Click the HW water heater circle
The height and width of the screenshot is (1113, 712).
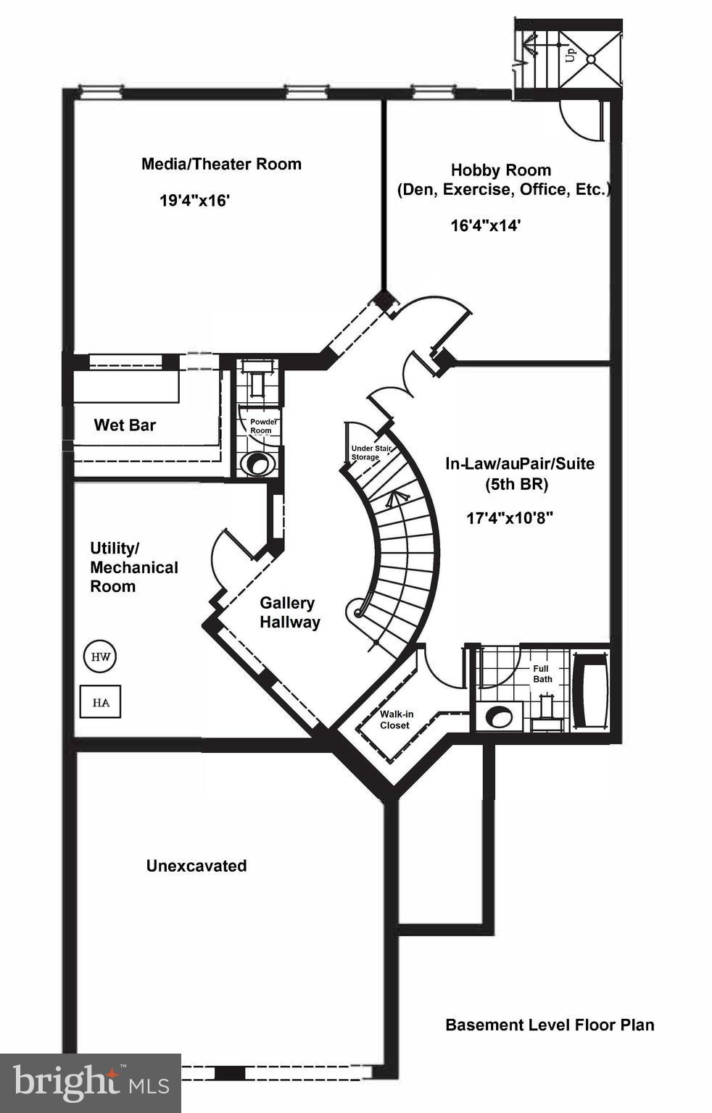coord(101,656)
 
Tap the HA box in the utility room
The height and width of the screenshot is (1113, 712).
coord(101,701)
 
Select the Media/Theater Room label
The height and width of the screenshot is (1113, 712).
coord(221,164)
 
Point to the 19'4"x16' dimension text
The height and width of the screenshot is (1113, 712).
coord(194,201)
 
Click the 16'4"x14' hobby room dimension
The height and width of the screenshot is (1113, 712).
coord(486,225)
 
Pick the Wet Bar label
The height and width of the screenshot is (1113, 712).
coord(125,425)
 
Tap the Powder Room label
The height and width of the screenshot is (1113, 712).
coord(260,426)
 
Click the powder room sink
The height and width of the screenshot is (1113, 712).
coord(257,464)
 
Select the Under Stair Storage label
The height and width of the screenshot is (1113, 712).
coord(369,453)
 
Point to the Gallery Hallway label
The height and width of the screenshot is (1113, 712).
coord(289,612)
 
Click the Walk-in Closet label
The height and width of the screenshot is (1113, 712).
coord(395,720)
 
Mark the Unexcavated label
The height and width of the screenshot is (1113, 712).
coord(196,866)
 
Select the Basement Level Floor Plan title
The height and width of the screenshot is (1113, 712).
coord(550,1025)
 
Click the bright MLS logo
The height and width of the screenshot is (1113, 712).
coord(90,1083)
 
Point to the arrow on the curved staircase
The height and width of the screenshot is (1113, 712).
coord(395,499)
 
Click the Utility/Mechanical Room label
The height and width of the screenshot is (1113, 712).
coord(133,567)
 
